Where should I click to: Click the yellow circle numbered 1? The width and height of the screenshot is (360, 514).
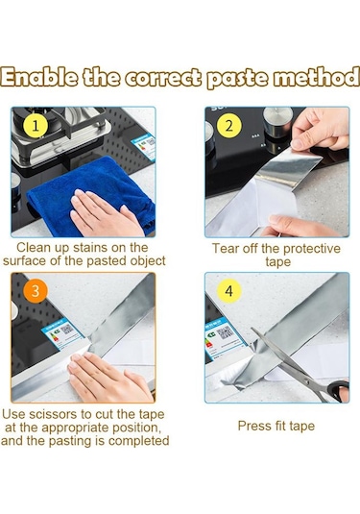(36, 126)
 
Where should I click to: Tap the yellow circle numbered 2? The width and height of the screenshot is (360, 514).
(229, 126)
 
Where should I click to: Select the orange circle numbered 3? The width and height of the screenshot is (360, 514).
(36, 291)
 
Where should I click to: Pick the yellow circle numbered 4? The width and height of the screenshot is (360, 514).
(229, 291)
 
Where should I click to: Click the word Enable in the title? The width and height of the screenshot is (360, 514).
(39, 78)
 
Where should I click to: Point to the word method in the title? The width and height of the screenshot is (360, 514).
(316, 78)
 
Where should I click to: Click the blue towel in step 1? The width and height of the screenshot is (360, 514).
(92, 193)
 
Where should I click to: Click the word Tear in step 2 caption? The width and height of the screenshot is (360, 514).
(226, 249)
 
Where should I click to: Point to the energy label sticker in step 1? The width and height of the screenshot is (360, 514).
(144, 146)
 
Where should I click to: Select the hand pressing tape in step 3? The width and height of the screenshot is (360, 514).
(109, 377)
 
